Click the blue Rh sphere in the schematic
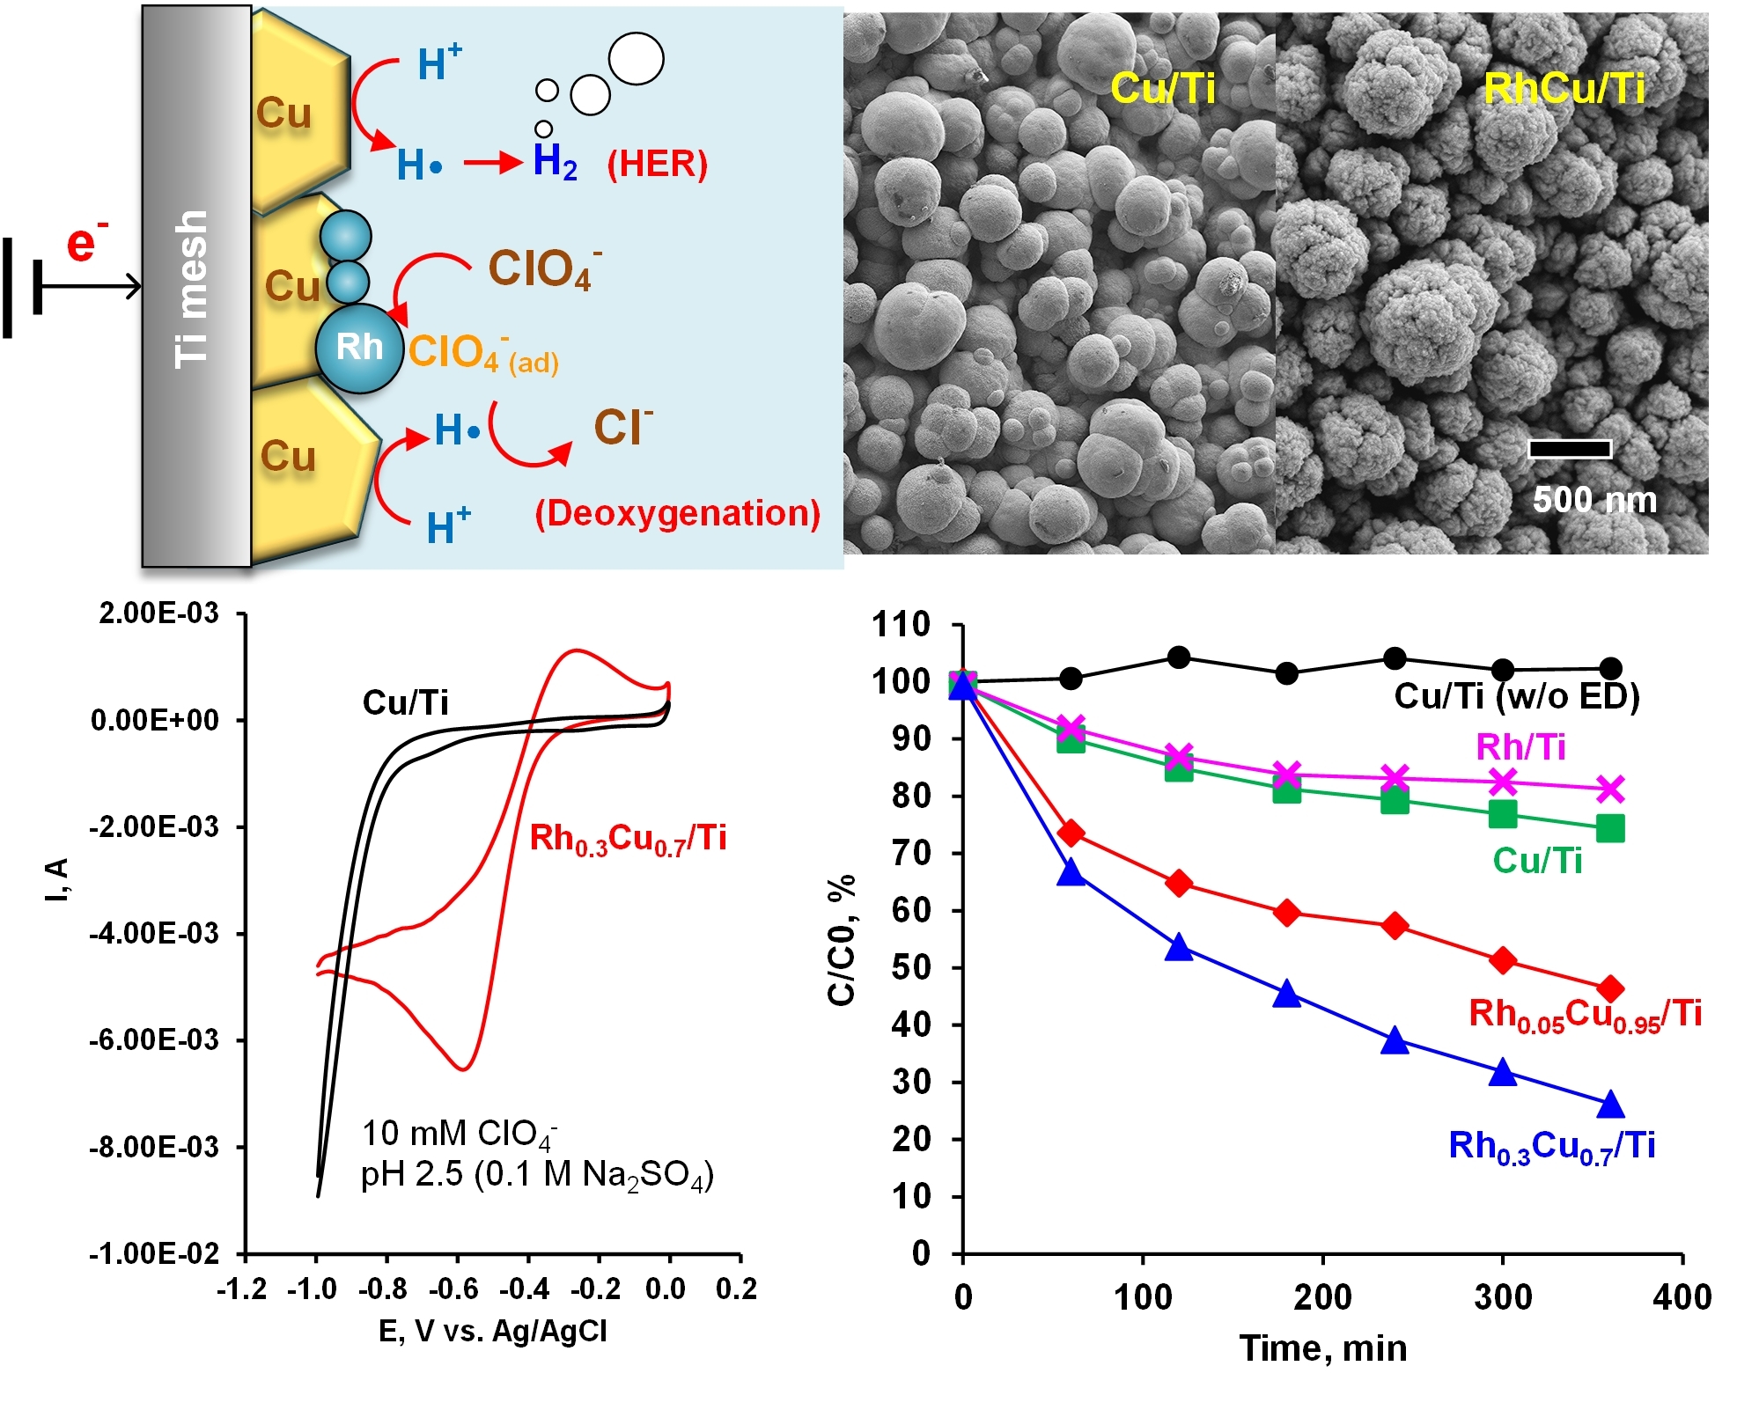tap(359, 348)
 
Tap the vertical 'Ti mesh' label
tap(192, 289)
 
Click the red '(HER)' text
tap(657, 164)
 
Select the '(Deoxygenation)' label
tap(678, 513)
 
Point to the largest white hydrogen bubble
tap(636, 59)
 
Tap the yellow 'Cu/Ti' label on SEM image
tap(1162, 88)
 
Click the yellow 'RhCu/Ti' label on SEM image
tap(1564, 88)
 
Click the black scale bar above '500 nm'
tap(1569, 450)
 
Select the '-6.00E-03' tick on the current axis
tap(154, 1040)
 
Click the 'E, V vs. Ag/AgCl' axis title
tap(493, 1331)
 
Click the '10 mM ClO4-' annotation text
tap(459, 1135)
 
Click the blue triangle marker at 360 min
tap(1610, 1105)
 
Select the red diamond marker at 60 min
tap(1071, 833)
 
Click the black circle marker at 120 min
tap(1179, 657)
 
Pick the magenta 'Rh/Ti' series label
tap(1520, 747)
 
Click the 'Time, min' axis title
tap(1322, 1348)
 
